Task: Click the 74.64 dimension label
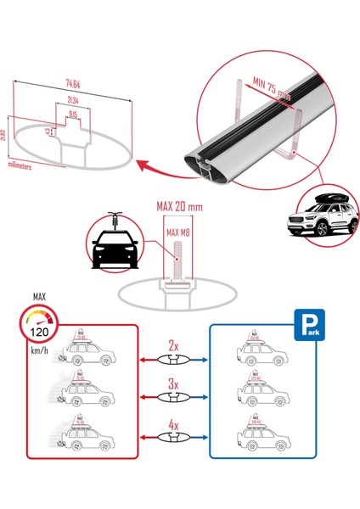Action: (x=72, y=84)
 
